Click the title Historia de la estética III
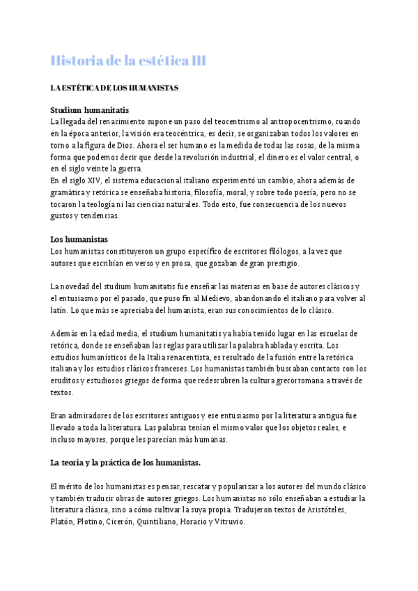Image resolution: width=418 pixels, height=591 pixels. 128,61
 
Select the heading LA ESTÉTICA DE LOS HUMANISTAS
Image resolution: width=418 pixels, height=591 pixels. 114,89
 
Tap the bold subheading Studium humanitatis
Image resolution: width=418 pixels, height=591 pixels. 89,110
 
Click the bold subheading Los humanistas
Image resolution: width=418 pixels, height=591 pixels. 79,239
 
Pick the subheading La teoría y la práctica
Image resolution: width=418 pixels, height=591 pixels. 125,462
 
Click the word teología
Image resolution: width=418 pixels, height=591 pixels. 105,204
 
